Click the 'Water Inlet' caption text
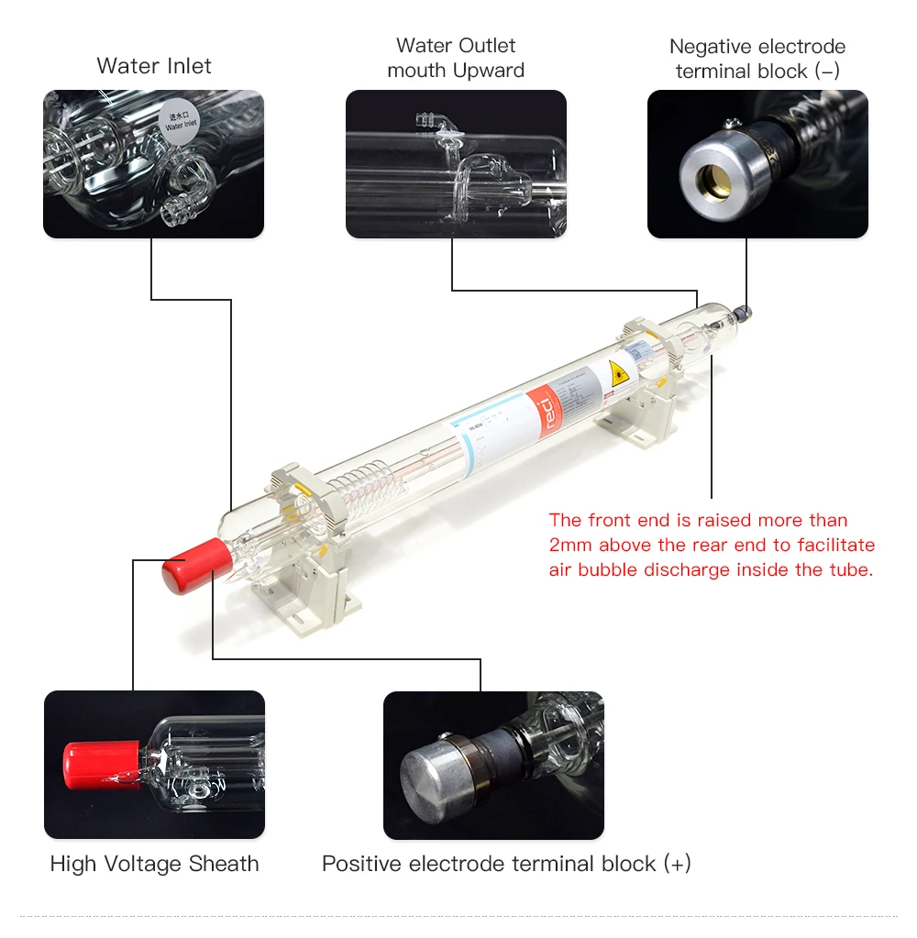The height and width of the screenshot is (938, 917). pos(153,66)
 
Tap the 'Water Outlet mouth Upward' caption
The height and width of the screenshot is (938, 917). pos(456,58)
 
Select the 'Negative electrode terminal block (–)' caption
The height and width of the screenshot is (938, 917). pos(757,59)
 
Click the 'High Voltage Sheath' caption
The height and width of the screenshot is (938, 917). pos(154,864)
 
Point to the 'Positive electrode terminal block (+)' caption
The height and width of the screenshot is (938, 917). pos(506,864)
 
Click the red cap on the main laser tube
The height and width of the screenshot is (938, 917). pos(196,566)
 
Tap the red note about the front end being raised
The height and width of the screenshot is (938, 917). pos(712,545)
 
